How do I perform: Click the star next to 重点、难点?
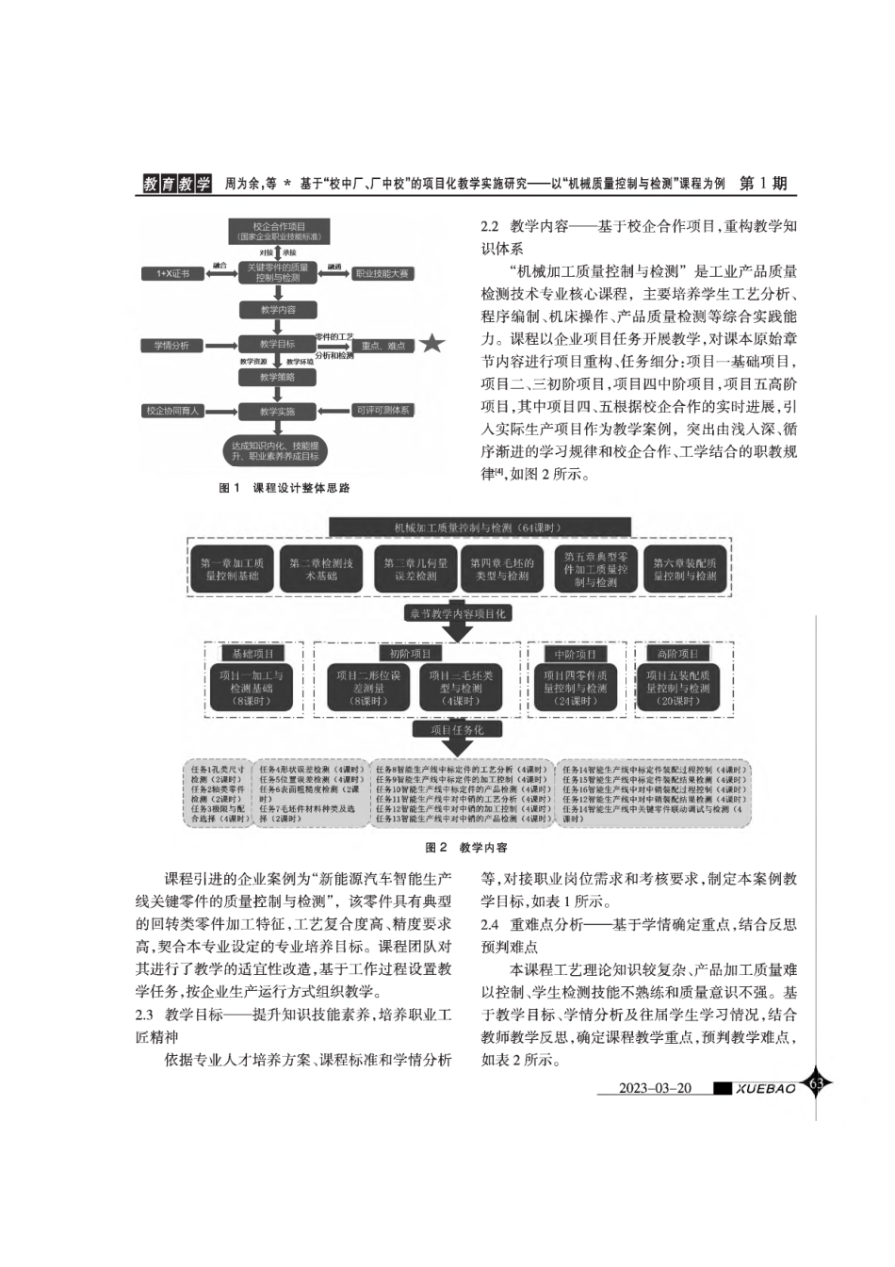click(x=431, y=344)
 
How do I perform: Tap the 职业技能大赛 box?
click(x=382, y=273)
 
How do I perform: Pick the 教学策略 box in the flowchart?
click(x=278, y=377)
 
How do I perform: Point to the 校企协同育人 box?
click(x=172, y=411)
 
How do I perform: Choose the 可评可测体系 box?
click(x=382, y=411)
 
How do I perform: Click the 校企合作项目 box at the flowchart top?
click(x=278, y=232)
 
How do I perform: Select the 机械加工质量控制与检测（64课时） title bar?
click(x=480, y=528)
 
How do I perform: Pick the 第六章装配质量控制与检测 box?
click(x=685, y=569)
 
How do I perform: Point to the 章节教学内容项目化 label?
click(x=457, y=613)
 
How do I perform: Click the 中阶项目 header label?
click(x=576, y=654)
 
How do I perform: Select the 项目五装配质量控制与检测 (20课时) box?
click(x=679, y=688)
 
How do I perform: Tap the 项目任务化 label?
click(x=457, y=729)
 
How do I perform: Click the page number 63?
click(x=816, y=1083)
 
